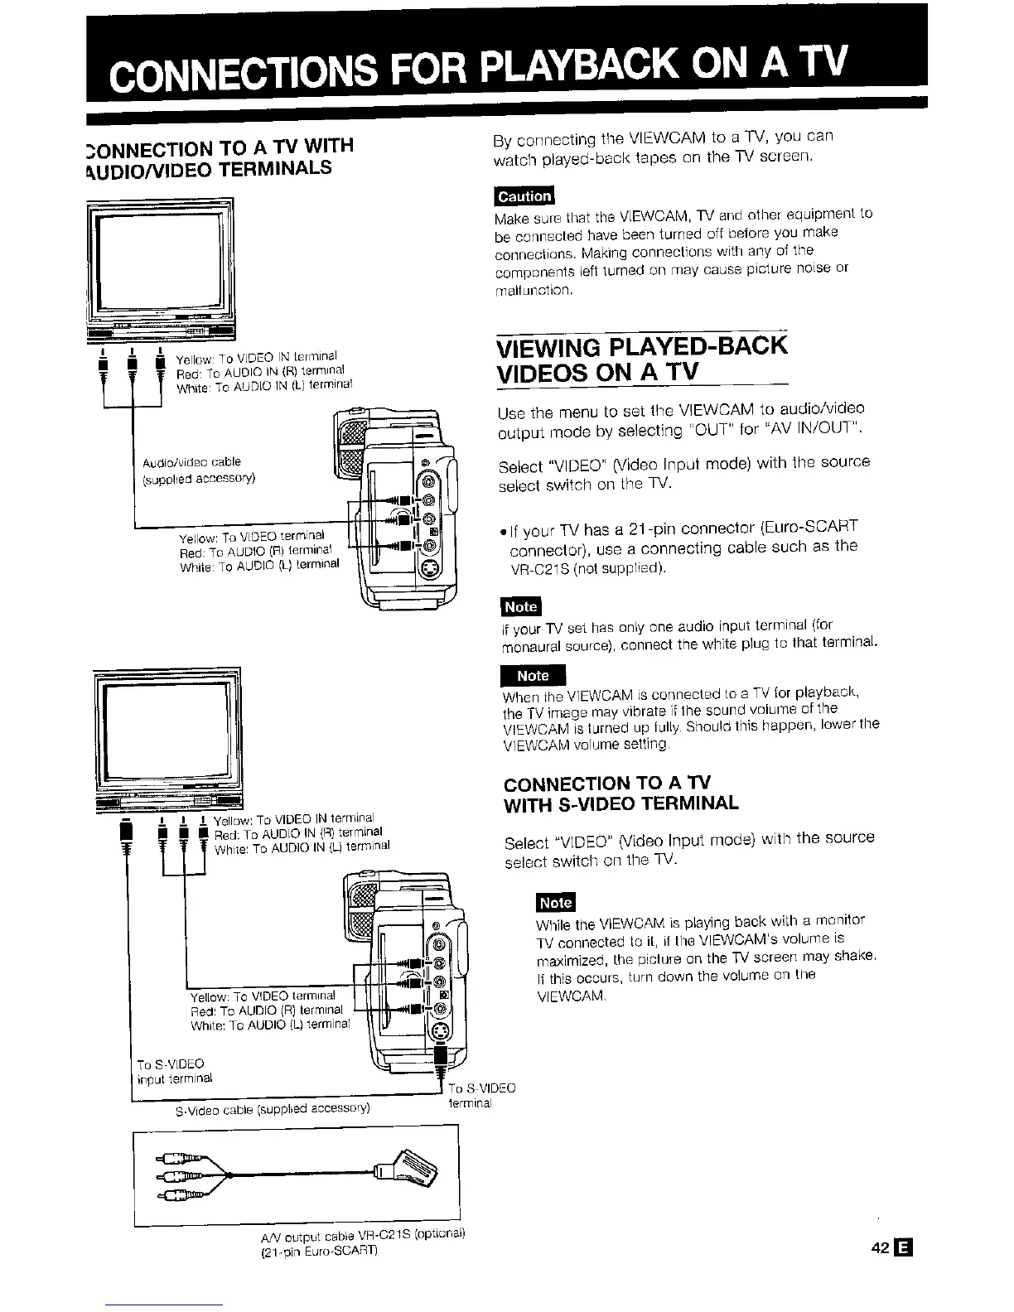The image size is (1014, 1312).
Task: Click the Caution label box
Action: (523, 196)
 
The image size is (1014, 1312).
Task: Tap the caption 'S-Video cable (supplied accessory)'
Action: (273, 1108)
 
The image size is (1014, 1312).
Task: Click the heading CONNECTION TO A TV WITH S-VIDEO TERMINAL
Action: (621, 793)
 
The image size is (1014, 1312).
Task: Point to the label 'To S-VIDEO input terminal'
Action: (175, 1071)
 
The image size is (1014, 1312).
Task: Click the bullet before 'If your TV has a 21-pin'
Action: (502, 528)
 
